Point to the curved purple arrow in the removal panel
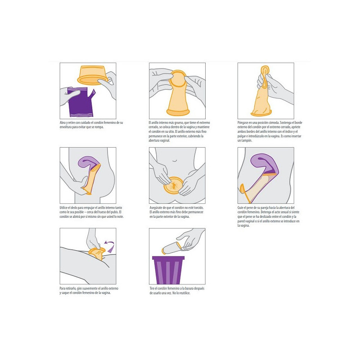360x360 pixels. pos(109,246)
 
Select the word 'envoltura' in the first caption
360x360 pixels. pos(67,127)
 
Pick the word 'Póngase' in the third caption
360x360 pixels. pos(243,123)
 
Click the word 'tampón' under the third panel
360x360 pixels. pos(245,140)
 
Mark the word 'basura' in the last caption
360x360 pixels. pos(189,288)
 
